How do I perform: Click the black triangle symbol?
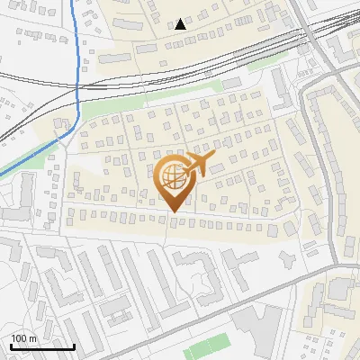181,24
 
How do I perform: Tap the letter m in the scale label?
33,338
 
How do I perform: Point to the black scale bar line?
42,346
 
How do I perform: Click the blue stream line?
79,54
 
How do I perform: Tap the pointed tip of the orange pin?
172,212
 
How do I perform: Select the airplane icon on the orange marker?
199,165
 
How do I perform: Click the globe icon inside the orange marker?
173,178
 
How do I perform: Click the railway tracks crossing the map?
180,67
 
